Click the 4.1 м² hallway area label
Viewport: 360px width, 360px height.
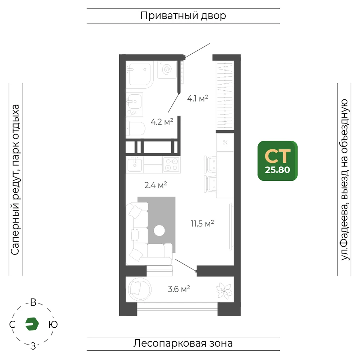point(197,99)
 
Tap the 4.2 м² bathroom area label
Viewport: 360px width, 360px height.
point(162,122)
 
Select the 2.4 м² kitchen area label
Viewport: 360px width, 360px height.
point(156,185)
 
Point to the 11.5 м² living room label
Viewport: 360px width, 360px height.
point(202,224)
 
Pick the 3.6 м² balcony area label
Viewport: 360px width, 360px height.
point(179,289)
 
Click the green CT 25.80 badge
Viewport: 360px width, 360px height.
point(278,161)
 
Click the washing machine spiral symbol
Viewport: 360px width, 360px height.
point(167,69)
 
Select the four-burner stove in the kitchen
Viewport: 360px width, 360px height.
point(171,165)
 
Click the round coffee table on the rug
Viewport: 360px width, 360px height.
point(159,230)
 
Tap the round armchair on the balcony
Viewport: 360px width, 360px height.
point(140,289)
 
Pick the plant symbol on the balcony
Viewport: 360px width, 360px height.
point(224,291)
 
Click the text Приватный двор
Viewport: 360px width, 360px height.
point(183,16)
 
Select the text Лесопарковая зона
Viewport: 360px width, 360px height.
point(183,343)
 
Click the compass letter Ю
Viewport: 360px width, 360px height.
point(53,324)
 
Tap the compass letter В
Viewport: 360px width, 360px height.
point(33,302)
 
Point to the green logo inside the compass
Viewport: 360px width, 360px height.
point(32,324)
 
